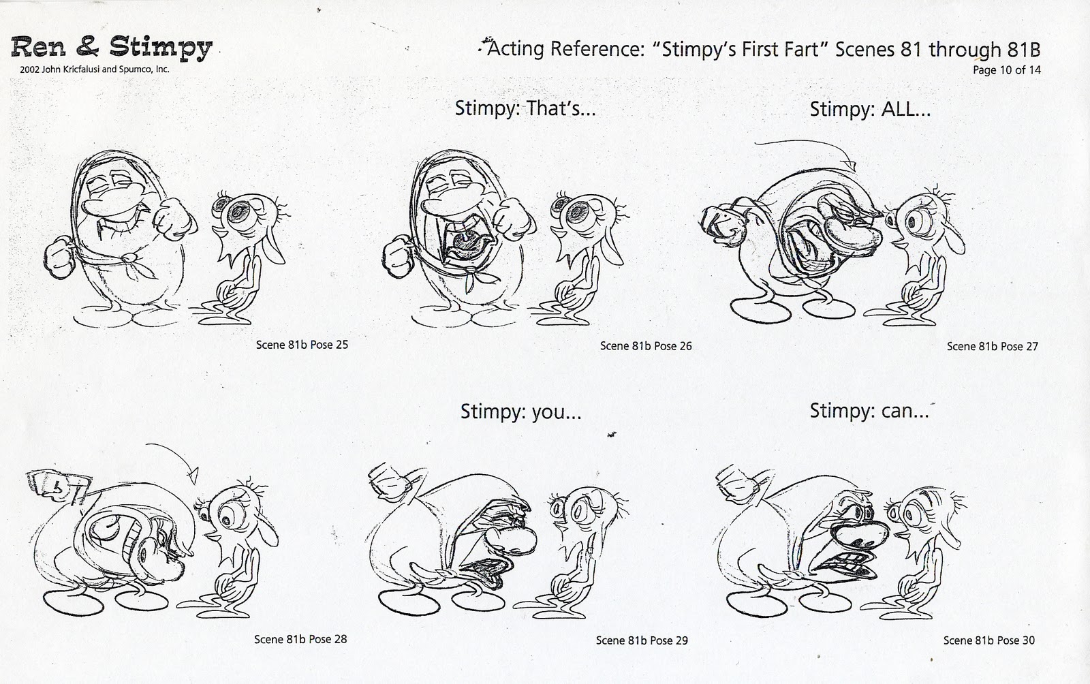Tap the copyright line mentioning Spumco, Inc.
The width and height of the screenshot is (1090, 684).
click(x=91, y=69)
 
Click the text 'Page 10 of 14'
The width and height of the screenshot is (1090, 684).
click(x=1006, y=70)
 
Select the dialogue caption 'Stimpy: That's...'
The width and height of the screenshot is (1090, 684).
click(x=525, y=109)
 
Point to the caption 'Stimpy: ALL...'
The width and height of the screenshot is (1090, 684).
click(x=870, y=109)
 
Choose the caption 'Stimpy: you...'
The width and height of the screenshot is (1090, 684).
click(x=521, y=411)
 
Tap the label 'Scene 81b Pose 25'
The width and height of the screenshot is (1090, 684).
click(x=302, y=345)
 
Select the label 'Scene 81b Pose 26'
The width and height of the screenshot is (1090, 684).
click(x=646, y=346)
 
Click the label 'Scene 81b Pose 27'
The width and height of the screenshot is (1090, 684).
click(x=993, y=346)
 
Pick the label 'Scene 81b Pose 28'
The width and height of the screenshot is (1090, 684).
click(x=300, y=639)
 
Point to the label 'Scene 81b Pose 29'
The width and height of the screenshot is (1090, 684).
click(x=642, y=640)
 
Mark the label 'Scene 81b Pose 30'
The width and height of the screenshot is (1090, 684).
click(x=989, y=640)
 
